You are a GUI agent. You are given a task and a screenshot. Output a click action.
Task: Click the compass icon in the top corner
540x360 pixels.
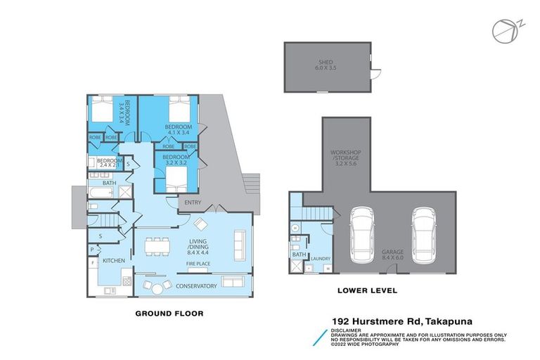point(501,30)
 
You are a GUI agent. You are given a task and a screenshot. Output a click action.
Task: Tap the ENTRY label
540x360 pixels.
point(193,202)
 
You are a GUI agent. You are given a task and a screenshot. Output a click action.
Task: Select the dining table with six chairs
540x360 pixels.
point(156,247)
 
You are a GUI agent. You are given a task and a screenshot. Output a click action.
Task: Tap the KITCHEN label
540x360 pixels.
point(114,261)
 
